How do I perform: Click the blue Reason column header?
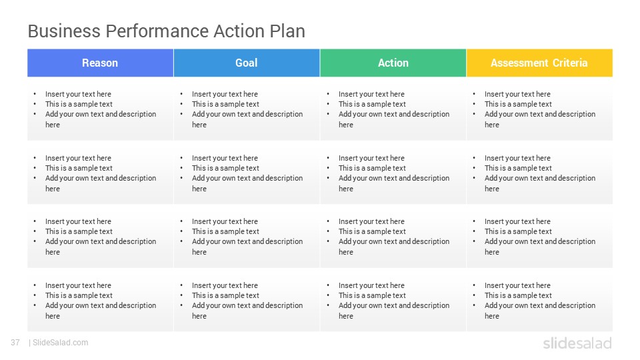coord(101,63)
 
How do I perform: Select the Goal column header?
coord(247,63)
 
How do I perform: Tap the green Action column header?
coord(393,63)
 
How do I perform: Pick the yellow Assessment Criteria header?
coord(539,63)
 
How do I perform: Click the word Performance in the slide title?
coord(157,31)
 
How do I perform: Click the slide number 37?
coord(15,343)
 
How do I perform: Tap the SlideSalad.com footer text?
coord(61,343)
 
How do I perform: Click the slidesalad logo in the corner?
coord(577,343)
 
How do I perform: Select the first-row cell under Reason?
coord(101,109)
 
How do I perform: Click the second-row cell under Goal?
coord(247,173)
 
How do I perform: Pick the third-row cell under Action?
coord(393,237)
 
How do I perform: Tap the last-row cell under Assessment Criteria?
coord(539,301)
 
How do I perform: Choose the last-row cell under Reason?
coord(101,301)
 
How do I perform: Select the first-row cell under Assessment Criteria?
coord(539,109)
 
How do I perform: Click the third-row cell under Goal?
coord(247,237)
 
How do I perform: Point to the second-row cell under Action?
coord(393,173)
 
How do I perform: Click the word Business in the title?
coord(64,31)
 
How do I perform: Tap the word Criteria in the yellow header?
coord(570,63)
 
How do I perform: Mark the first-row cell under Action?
coord(393,109)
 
